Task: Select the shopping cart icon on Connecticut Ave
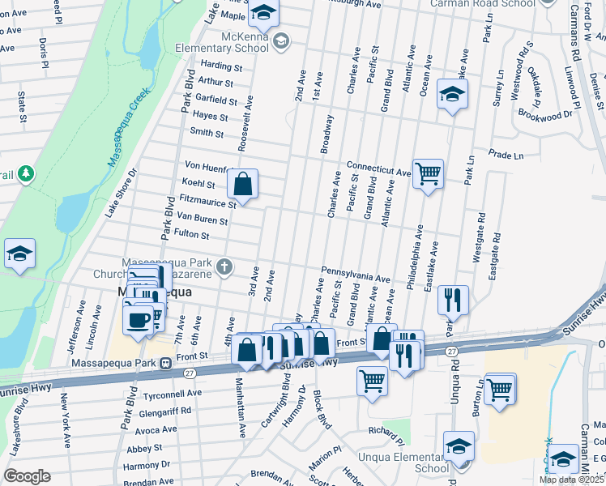click(428, 173)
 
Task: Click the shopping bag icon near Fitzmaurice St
click(242, 184)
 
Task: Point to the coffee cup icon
click(139, 318)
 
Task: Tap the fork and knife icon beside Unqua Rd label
click(453, 300)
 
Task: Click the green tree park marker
click(26, 173)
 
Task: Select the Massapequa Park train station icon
click(164, 363)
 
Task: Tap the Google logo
click(26, 476)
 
